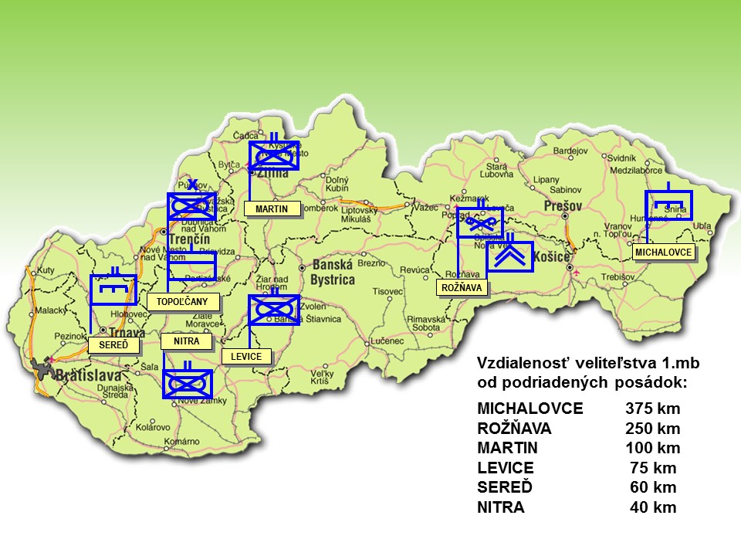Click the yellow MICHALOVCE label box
664,253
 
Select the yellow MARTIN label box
271,208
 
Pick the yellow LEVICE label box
246,356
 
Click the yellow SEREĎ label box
114,344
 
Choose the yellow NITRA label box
186,340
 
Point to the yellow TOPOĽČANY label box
183,301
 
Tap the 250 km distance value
652,428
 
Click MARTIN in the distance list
508,448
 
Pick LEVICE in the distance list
506,468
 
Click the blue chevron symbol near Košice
509,257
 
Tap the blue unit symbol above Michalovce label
668,205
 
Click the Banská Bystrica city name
333,272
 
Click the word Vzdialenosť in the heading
526,362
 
